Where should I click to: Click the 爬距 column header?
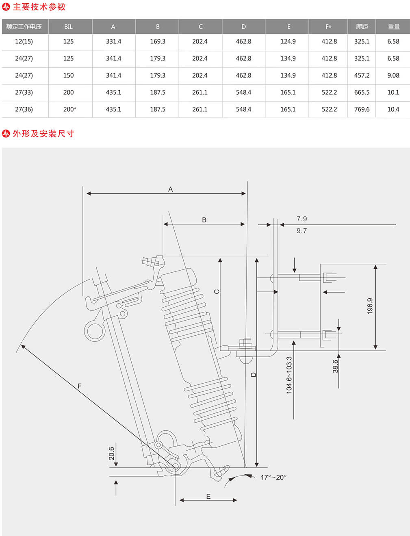point(362,26)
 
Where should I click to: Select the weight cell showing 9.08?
point(393,75)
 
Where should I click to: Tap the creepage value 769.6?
point(362,109)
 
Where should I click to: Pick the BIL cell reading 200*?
point(69,109)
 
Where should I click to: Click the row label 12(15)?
point(24,41)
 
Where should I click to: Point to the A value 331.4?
point(113,41)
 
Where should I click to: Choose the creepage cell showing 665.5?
point(362,92)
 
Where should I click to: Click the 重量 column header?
point(394,26)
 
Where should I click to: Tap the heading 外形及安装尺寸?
point(43,134)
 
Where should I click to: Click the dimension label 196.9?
point(370,306)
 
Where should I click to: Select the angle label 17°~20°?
point(273,477)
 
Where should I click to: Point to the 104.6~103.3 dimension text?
point(289,375)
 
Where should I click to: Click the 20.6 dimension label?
point(111,454)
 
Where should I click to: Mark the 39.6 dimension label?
point(336,366)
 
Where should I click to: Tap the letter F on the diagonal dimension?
point(79,386)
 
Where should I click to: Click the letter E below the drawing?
point(208,496)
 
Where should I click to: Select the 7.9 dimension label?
point(302,219)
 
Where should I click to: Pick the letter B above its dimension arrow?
point(204,220)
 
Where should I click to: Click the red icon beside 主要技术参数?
point(6,7)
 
